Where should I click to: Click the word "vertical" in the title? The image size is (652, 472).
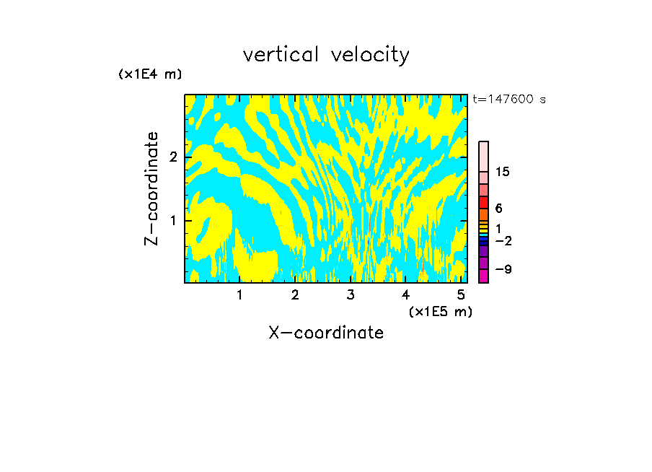pyautogui.click(x=283, y=55)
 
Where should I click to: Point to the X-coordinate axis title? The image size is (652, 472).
pyautogui.click(x=326, y=333)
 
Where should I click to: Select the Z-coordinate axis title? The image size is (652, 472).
pyautogui.click(x=151, y=188)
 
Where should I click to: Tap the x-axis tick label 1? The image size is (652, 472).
pyautogui.click(x=240, y=294)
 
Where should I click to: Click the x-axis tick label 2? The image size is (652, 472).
pyautogui.click(x=295, y=294)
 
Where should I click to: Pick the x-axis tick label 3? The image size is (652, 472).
pyautogui.click(x=351, y=294)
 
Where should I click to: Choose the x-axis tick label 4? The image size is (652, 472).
pyautogui.click(x=405, y=294)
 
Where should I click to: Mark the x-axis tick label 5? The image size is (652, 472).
pyautogui.click(x=461, y=294)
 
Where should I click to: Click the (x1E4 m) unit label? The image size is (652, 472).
pyautogui.click(x=150, y=74)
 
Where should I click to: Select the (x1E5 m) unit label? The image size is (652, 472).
pyautogui.click(x=440, y=311)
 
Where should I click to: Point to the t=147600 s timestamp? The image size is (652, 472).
pyautogui.click(x=508, y=99)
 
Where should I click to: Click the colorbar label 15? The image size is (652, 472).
pyautogui.click(x=503, y=172)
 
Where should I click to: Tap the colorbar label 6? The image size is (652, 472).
pyautogui.click(x=498, y=208)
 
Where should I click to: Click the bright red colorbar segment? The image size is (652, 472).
pyautogui.click(x=483, y=202)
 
